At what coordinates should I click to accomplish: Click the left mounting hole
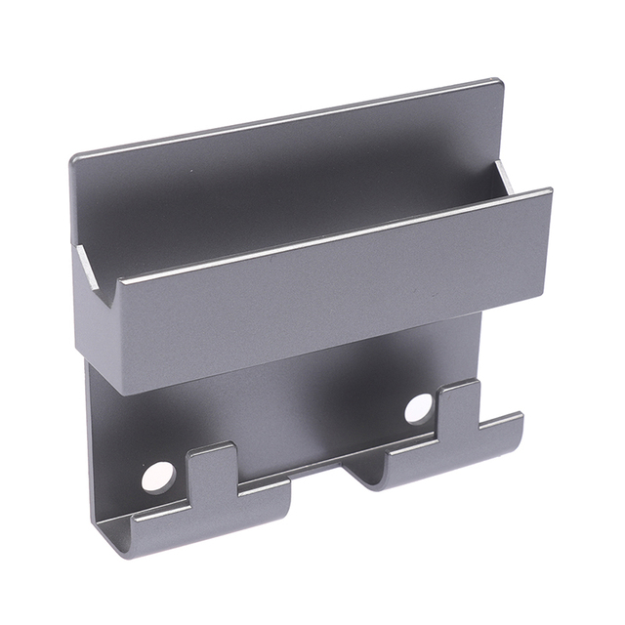click(x=158, y=477)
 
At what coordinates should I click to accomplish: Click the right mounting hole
click(x=419, y=408)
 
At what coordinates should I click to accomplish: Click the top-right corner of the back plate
click(x=500, y=81)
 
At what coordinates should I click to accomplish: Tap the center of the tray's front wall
click(x=322, y=293)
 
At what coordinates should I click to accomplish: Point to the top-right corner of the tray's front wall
click(x=550, y=192)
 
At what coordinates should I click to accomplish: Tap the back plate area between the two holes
click(x=293, y=410)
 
